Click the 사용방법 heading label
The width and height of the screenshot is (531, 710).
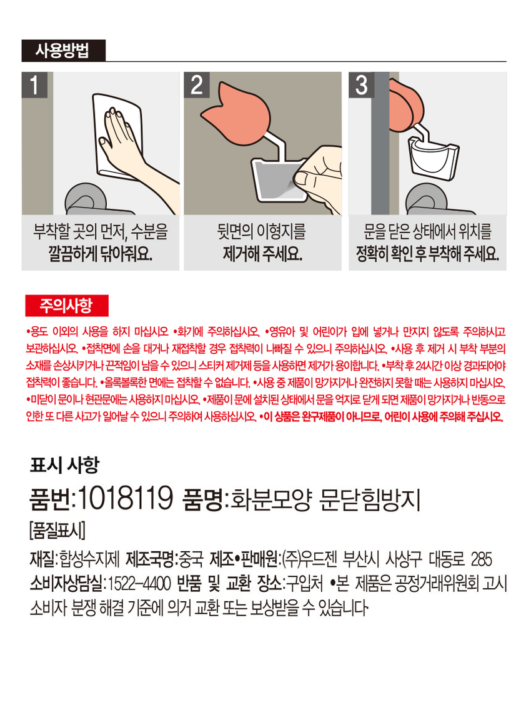pyautogui.click(x=63, y=50)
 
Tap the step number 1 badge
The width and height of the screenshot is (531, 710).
pyautogui.click(x=34, y=84)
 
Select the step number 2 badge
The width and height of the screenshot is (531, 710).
pyautogui.click(x=196, y=84)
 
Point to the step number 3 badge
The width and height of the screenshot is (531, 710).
pyautogui.click(x=361, y=84)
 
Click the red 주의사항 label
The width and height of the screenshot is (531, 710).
pyautogui.click(x=67, y=306)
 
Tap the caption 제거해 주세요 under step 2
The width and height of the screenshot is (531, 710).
pyautogui.click(x=262, y=254)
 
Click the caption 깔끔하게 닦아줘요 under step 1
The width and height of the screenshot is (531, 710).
pyautogui.click(x=101, y=254)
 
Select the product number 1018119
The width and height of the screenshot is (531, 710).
pyautogui.click(x=126, y=499)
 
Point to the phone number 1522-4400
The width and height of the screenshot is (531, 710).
pyautogui.click(x=139, y=584)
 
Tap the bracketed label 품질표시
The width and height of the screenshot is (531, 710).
pyautogui.click(x=57, y=530)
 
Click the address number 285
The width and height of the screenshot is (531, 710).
pyautogui.click(x=481, y=559)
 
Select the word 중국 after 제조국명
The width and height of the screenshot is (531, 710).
pyautogui.click(x=191, y=559)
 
